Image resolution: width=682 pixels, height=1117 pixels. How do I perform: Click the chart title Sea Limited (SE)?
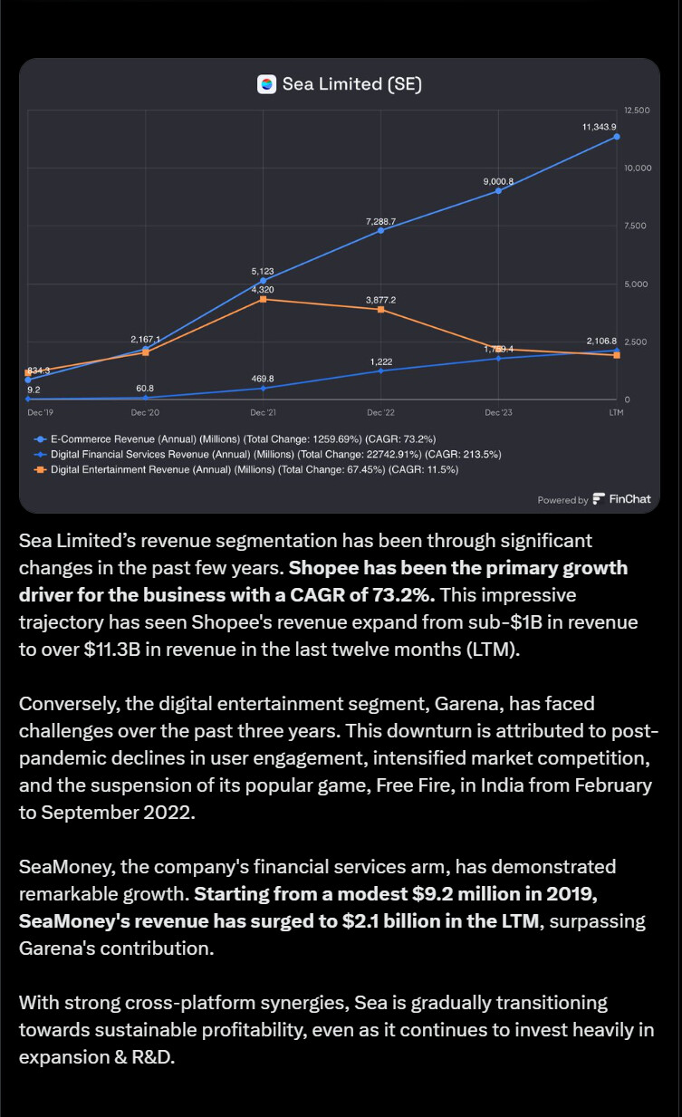pos(351,84)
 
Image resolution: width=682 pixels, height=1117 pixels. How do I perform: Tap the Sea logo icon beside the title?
pos(266,84)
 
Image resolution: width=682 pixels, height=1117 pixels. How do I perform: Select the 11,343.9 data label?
pos(599,127)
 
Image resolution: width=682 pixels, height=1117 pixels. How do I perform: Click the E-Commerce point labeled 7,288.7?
pos(380,231)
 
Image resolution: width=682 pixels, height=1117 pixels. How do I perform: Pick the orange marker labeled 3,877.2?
pos(380,310)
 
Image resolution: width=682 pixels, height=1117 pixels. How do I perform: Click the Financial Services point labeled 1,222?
pos(380,371)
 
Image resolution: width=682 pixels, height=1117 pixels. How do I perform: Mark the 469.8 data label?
pos(263,378)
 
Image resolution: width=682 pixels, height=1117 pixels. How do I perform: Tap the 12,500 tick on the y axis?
pos(637,111)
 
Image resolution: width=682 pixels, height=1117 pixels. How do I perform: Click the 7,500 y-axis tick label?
pos(637,226)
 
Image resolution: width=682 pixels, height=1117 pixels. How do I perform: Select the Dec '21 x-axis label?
pos(263,412)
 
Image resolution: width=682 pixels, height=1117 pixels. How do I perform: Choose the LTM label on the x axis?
pos(616,412)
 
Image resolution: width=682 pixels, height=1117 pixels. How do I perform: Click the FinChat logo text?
pos(629,499)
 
